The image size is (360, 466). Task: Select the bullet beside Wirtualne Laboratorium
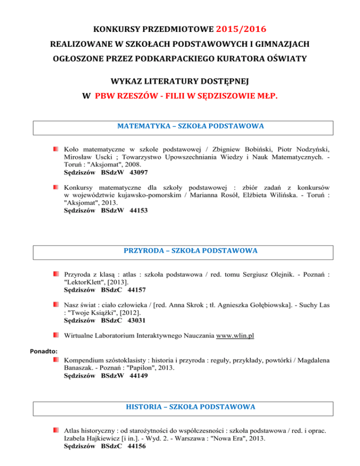[x=56, y=335]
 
